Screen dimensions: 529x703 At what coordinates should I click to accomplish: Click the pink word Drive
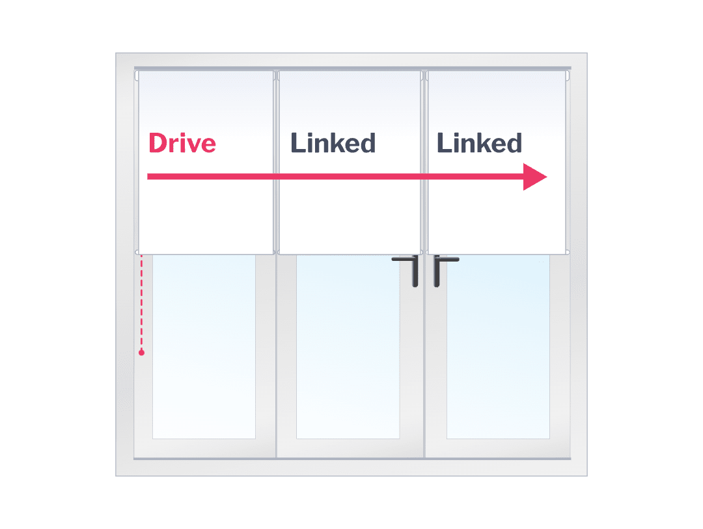click(182, 143)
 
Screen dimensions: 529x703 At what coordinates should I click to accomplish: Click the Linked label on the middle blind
click(333, 143)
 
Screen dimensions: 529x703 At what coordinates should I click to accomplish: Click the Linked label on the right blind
click(479, 143)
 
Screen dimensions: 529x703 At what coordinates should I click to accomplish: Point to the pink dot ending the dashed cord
click(141, 353)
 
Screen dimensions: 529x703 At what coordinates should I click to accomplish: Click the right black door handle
click(439, 269)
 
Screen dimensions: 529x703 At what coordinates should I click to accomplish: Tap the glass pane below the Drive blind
click(204, 345)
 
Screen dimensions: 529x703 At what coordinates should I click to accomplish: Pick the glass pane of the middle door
click(348, 345)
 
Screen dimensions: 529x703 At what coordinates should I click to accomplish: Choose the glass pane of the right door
click(498, 345)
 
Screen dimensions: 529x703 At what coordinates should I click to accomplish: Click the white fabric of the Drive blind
click(206, 215)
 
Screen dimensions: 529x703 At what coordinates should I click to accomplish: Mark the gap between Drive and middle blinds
click(276, 163)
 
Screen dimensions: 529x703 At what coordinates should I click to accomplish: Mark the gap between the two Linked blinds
click(424, 163)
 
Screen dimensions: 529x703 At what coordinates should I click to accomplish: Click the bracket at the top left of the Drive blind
click(137, 75)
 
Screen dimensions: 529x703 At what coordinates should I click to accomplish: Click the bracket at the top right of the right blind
click(568, 75)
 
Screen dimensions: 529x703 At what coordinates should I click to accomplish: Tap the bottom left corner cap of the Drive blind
click(137, 252)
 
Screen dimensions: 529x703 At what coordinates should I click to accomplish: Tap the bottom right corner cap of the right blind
click(568, 252)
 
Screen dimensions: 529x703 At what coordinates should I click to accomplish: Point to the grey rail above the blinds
click(352, 68)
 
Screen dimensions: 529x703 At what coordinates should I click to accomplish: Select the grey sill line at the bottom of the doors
click(352, 459)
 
